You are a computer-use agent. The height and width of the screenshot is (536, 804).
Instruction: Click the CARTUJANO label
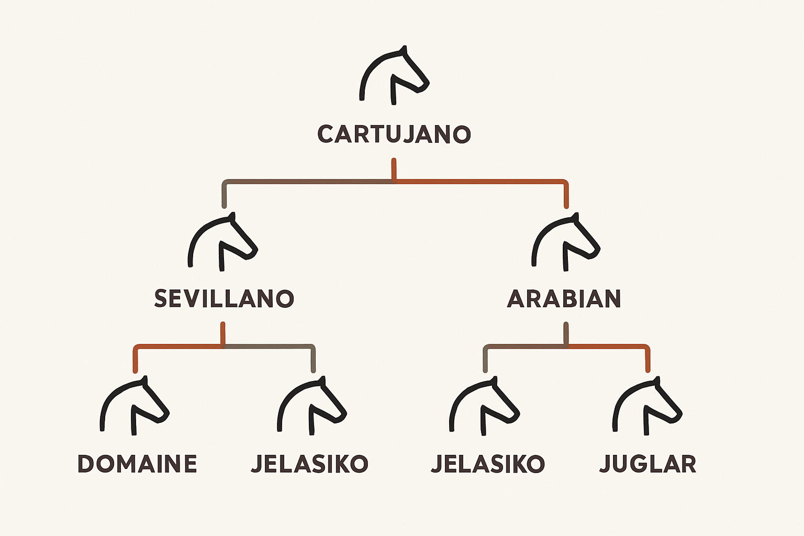[x=394, y=135]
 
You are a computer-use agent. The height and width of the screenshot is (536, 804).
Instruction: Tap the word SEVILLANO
[x=224, y=298]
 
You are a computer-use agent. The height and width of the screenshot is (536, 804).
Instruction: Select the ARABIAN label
[x=564, y=298]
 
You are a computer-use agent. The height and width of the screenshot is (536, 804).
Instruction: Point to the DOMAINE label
[x=137, y=463]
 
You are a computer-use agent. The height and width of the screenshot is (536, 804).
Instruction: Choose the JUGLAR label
[x=648, y=464]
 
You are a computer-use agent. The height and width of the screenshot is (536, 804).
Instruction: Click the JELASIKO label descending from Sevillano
[x=309, y=464]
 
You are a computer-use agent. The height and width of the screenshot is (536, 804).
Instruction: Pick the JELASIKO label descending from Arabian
[x=488, y=464]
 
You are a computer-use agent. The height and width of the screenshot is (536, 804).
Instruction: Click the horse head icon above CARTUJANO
[x=394, y=75]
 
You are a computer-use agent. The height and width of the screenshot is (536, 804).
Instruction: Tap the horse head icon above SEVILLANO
[x=222, y=242]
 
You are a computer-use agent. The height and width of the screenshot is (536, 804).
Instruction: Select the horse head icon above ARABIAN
[x=566, y=242]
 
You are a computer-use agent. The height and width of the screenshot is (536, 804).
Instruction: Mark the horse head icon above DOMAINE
[x=134, y=406]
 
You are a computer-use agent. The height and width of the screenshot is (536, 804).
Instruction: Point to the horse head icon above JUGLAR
[x=647, y=406]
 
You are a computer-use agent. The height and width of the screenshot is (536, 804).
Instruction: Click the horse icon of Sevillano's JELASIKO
[x=312, y=406]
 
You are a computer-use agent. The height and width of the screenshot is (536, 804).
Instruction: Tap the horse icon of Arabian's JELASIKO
[x=484, y=406]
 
